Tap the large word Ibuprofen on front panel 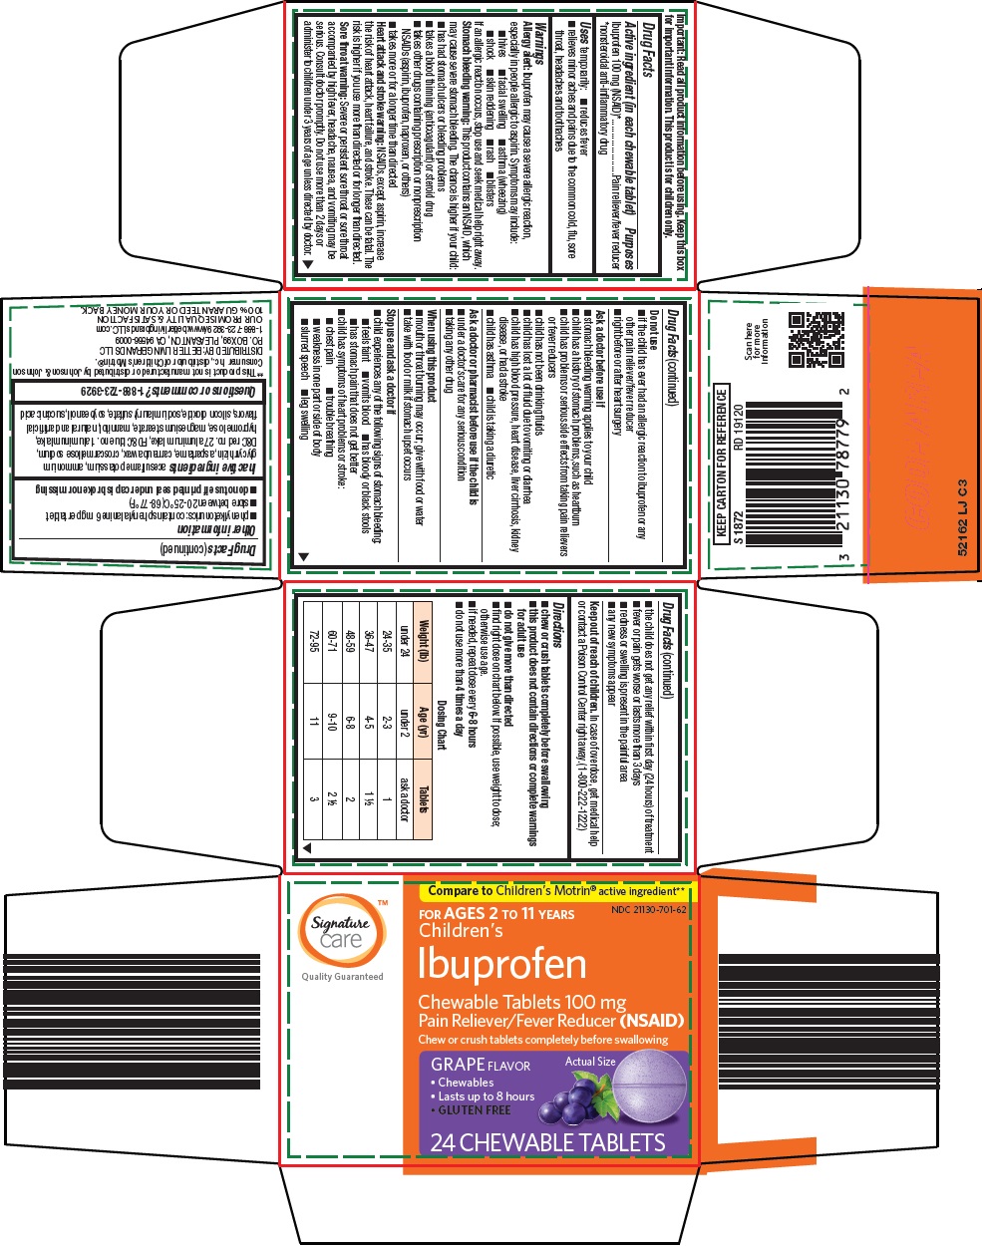pos(501,964)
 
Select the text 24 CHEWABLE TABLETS pos(547,1142)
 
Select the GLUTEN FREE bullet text pos(475,1109)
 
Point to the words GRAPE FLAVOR pos(481,1065)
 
